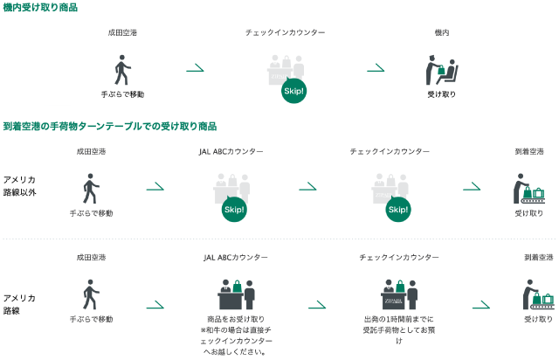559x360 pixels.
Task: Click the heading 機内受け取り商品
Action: click(40, 8)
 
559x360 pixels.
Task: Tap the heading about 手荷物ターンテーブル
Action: click(110, 127)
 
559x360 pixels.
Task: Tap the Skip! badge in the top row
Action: click(293, 90)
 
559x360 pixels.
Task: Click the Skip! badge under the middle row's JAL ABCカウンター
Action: click(233, 210)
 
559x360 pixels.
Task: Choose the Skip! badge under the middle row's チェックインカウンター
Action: click(398, 210)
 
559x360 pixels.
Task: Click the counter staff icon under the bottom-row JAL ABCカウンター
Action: click(236, 294)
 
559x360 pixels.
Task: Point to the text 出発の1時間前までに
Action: click(398, 319)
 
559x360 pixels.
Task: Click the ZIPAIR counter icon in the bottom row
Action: click(398, 294)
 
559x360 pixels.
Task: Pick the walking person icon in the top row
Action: click(122, 70)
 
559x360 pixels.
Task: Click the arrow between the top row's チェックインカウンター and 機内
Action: click(376, 68)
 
